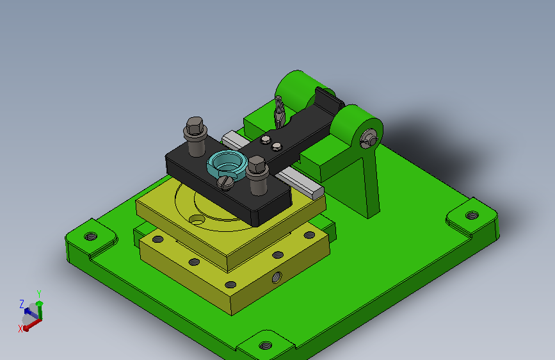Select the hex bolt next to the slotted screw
(257, 175)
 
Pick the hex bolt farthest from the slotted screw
(195, 136)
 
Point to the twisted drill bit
(279, 111)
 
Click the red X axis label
(20, 329)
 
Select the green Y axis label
(39, 294)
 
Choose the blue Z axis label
(22, 304)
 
